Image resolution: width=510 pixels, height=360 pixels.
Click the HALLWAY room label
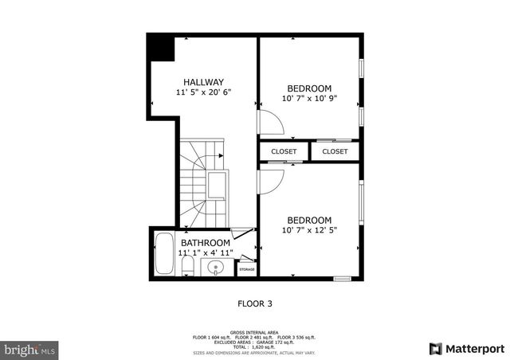coord(203,82)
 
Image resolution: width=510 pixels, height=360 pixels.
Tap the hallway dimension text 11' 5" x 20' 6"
coord(203,93)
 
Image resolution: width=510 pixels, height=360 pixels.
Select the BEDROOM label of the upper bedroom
coord(309,88)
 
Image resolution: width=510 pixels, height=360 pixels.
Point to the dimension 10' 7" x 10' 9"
coord(309,99)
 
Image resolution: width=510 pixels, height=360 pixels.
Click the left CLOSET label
coord(284,151)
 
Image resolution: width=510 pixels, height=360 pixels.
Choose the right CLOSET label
coord(335,151)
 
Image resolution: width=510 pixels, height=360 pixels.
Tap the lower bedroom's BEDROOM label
coord(309,221)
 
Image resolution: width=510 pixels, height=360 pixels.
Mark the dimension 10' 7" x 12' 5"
coord(309,231)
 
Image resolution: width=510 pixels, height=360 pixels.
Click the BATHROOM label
coord(206,243)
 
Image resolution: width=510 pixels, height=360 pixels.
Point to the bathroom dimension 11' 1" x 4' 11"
coord(206,253)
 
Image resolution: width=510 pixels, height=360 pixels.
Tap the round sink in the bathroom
coord(216,268)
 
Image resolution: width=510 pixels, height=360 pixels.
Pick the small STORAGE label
coord(247,270)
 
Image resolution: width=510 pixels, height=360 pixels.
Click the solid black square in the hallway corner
coord(161,47)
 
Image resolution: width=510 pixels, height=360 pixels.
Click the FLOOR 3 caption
coord(255,303)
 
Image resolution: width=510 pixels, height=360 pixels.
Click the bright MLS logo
coord(30,349)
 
